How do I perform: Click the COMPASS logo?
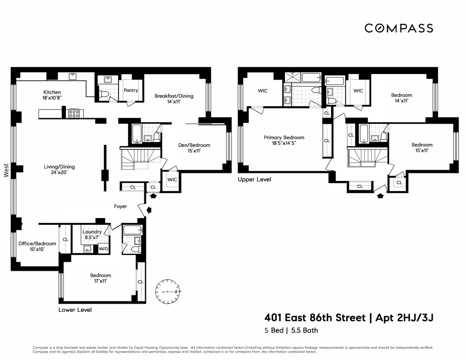398,28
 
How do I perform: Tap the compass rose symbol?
168,291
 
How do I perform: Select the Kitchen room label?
52,92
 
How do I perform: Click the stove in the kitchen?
74,113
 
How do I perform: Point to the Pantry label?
131,90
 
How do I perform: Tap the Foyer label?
120,206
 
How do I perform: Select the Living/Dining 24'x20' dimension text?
59,173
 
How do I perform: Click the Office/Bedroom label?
37,243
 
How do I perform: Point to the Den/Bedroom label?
194,145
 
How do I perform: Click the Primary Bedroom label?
284,137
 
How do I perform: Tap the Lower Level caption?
75,310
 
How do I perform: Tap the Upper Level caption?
254,179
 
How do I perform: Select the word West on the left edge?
6,170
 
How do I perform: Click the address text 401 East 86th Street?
315,318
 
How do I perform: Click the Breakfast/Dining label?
174,96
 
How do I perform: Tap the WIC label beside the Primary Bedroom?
263,90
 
